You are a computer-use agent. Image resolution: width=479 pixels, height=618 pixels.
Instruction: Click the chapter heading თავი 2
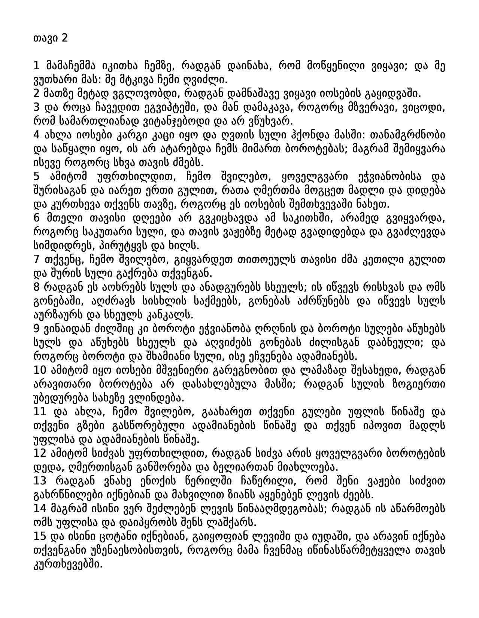tap(51, 38)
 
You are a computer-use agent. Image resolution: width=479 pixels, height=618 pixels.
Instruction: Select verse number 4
tap(36, 135)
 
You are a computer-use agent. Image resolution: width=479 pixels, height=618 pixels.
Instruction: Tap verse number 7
tap(36, 260)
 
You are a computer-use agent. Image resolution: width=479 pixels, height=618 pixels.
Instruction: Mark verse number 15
tap(39, 536)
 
